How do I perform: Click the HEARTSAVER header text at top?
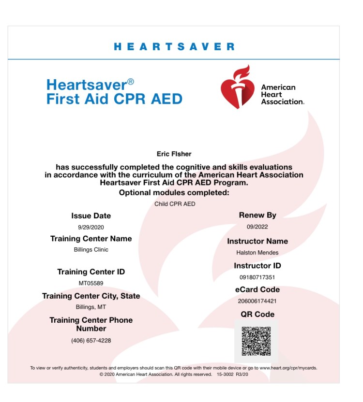point(174,47)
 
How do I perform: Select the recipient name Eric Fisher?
point(174,154)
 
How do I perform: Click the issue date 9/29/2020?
point(91,227)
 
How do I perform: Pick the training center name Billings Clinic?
point(91,250)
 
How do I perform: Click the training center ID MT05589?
point(91,283)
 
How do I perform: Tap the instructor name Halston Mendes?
point(257,253)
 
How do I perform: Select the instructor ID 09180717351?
point(257,277)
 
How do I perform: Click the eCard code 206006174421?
point(257,301)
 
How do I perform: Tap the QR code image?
point(256,341)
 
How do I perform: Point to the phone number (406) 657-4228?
point(91,341)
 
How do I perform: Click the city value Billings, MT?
point(91,307)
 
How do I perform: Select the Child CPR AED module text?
point(175,204)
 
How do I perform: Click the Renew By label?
point(257,215)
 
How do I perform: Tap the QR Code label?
point(257,314)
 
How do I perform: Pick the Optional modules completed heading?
point(174,193)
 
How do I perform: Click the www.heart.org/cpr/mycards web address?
point(288,368)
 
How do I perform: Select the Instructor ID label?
point(257,266)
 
